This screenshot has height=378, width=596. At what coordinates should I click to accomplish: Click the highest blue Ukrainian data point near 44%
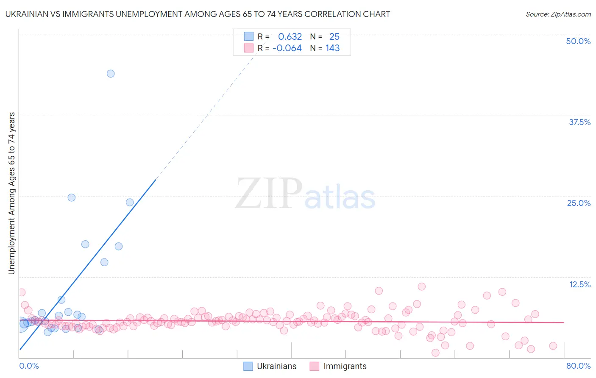point(111,74)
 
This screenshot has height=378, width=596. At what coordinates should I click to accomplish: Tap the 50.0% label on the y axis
point(578,41)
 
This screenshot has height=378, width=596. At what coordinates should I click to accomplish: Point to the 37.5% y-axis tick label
point(579,122)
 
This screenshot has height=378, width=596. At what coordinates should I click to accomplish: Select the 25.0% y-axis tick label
point(579,203)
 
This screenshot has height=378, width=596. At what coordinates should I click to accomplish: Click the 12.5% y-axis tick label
point(579,284)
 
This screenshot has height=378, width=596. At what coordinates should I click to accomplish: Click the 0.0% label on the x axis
point(29,366)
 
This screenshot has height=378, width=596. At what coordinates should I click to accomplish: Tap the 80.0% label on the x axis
point(578,366)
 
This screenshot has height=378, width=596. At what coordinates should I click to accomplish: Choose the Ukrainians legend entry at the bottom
point(276,366)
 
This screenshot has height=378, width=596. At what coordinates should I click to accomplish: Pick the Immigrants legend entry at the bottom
point(345,366)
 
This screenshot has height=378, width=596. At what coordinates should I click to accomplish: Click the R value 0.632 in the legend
point(290,37)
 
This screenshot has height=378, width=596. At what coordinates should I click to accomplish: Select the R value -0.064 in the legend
point(287,48)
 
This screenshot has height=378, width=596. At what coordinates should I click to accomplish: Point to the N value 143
point(332,48)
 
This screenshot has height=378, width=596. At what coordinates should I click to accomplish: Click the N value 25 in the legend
point(334,37)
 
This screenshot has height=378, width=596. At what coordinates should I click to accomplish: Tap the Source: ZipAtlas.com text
point(558,14)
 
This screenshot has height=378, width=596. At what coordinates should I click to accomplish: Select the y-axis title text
point(11,193)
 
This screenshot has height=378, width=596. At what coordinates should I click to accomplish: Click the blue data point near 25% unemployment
point(72,197)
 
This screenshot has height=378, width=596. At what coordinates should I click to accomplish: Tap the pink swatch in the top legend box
point(248,48)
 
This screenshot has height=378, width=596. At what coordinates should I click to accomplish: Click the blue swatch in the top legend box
point(248,36)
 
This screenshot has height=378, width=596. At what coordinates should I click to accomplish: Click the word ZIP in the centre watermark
point(269,194)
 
